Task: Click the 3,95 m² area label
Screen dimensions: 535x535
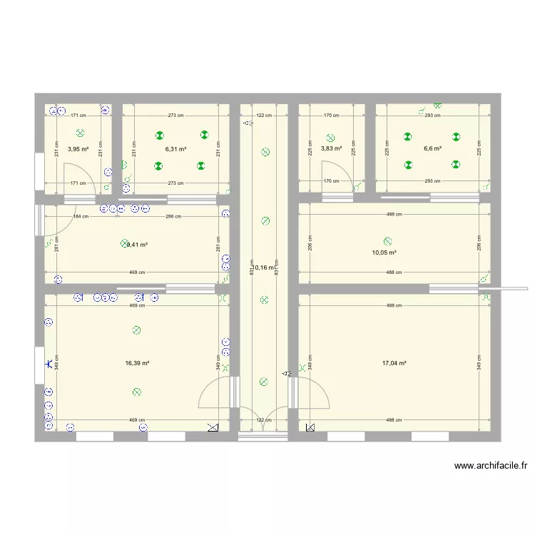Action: point(78,150)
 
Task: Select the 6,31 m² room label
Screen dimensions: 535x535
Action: point(175,150)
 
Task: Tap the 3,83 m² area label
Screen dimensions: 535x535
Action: point(331,149)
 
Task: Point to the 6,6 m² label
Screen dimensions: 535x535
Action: point(433,149)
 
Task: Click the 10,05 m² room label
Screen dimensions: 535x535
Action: point(384,253)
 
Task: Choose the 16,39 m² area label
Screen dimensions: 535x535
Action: point(137,363)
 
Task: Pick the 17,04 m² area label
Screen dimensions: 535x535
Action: point(394,363)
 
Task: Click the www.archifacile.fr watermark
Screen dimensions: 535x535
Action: point(491,467)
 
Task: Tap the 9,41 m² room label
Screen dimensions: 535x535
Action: point(137,245)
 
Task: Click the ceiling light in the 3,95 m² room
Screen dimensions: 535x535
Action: point(80,133)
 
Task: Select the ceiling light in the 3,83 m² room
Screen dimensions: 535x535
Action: point(330,138)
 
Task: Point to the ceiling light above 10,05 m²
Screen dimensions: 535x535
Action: point(388,242)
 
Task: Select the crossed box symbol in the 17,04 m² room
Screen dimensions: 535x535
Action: point(310,428)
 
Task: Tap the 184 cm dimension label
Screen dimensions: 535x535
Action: point(81,216)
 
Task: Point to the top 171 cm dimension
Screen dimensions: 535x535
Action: point(78,115)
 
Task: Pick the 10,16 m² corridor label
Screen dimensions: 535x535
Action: point(263,268)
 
